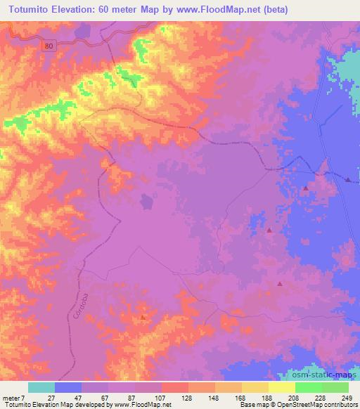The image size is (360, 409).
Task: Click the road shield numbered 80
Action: click(48, 44)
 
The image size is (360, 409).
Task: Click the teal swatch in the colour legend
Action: click(41, 387)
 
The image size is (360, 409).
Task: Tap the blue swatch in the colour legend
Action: click(68, 387)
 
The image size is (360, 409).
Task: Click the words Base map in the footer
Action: click(251, 405)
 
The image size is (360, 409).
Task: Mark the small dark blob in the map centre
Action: click(146, 202)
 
